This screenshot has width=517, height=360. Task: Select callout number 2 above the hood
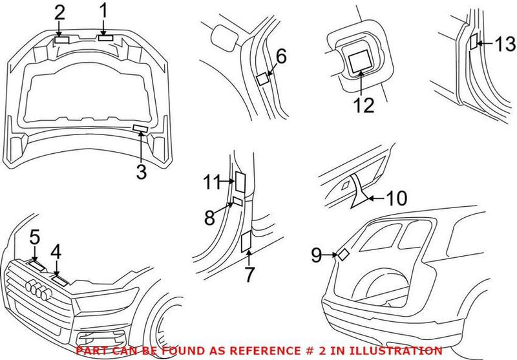coord(59,12)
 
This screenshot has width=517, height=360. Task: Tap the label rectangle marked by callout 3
coord(140,129)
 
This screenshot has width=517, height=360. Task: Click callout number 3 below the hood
coord(142,172)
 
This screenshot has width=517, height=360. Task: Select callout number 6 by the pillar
coord(280,57)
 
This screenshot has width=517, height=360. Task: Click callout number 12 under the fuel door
coord(360,105)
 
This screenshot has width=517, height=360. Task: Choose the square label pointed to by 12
coord(358,63)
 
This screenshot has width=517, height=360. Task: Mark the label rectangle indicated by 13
coord(474,42)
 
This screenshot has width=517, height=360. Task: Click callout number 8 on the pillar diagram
coord(209,217)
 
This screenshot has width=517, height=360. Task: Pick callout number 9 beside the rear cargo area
coord(316,255)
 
